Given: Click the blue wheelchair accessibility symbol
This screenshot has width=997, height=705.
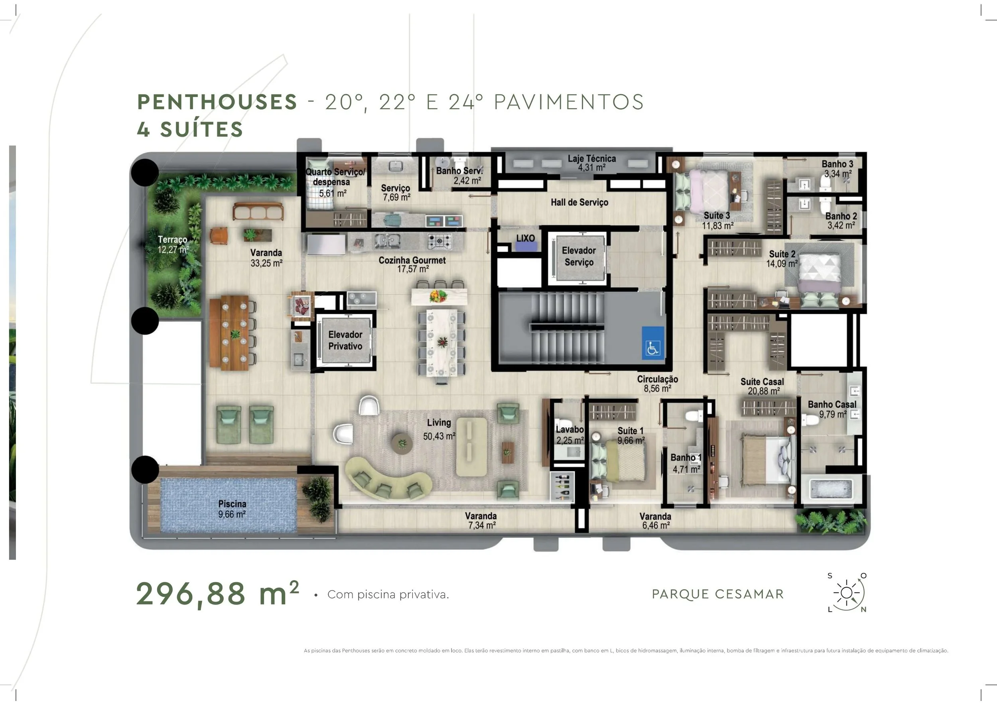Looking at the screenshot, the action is pos(653,343).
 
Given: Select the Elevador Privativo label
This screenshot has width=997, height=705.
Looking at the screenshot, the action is pos(345,341).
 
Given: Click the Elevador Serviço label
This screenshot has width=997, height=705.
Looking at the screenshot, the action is pos(579,256).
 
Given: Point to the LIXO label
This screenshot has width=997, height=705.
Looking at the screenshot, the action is pos(526,238).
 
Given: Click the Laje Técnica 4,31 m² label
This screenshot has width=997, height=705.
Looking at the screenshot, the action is pos(592,163).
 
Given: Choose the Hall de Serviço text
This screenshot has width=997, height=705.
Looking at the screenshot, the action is pos(579,202).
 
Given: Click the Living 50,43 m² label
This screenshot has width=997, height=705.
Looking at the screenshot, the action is pos(439,429).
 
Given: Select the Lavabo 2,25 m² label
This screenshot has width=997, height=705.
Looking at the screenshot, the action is pos(570,435).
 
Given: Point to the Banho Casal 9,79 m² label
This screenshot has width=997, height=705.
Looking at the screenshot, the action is pos(832,410).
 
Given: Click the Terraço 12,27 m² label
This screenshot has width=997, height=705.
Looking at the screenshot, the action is pos(173,244).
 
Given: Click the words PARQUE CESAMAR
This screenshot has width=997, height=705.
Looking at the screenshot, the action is pos(718,594).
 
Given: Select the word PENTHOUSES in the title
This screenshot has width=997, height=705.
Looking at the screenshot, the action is pos(217,102).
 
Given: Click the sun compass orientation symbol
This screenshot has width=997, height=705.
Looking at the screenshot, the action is pos(847,593).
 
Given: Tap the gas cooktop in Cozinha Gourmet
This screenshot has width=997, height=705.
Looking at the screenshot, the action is pos(439,241).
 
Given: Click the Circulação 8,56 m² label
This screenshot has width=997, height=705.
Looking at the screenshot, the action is pos(658,384).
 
